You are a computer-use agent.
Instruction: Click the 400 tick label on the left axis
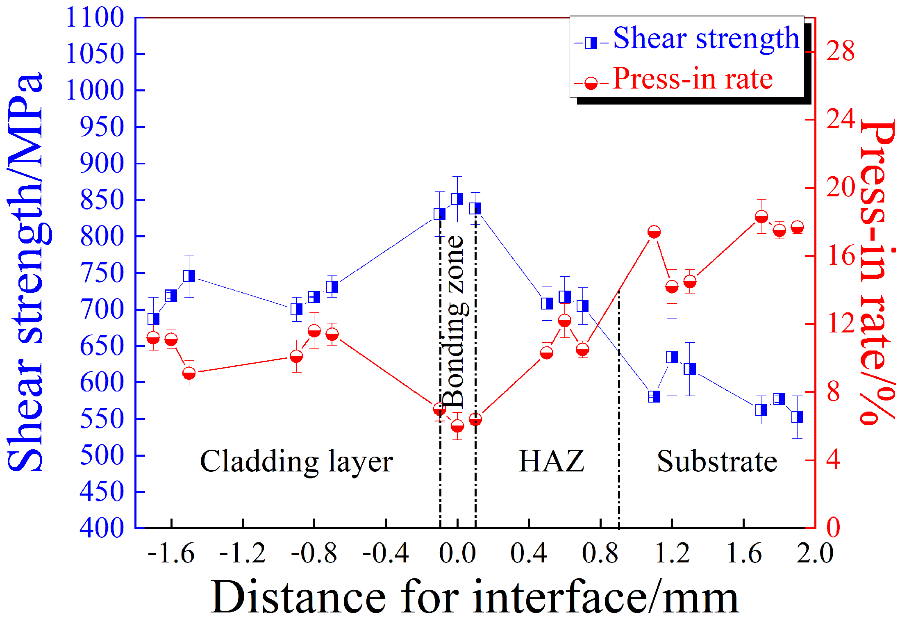click(102, 528)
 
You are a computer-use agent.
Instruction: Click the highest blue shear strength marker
click(457, 199)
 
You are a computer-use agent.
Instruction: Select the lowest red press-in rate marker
click(457, 426)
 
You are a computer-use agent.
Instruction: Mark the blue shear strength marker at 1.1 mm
click(654, 396)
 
